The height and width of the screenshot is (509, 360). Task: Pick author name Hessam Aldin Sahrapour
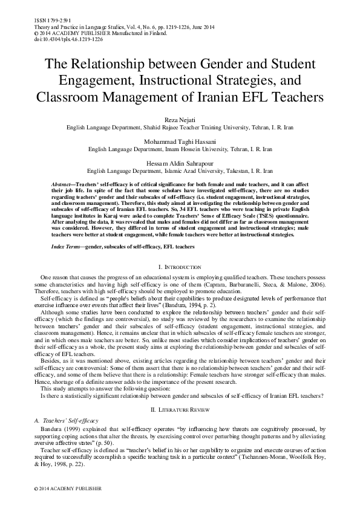180,163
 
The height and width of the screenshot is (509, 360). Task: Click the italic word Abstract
61,182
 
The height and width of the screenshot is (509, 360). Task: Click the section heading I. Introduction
180,267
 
